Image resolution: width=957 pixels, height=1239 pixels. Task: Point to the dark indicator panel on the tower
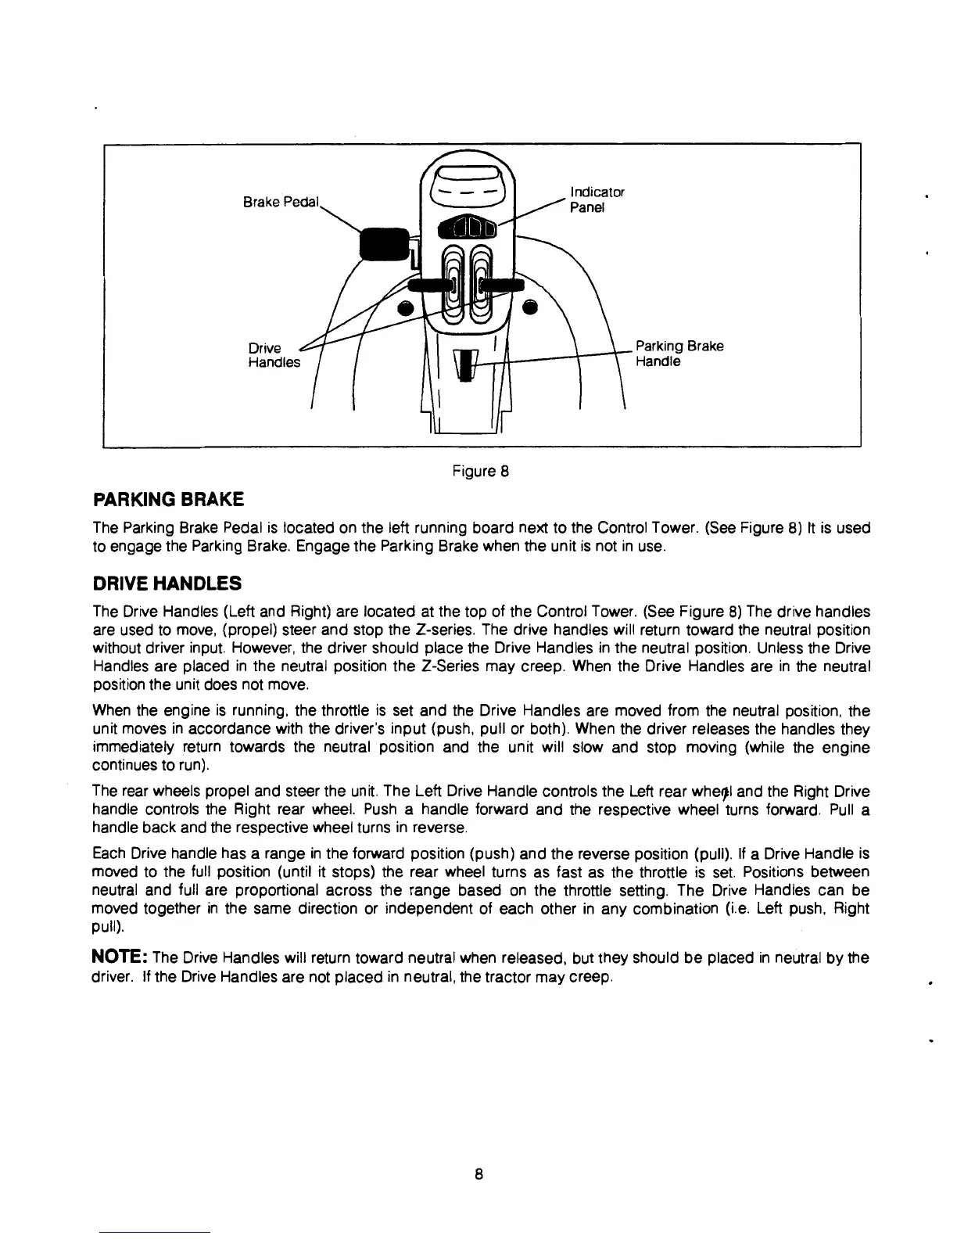pos(467,228)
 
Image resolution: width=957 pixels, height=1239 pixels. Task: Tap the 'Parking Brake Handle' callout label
pos(679,354)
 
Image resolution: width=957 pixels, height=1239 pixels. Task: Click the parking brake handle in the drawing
pos(466,365)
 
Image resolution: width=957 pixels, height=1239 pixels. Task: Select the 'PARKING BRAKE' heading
pos(168,499)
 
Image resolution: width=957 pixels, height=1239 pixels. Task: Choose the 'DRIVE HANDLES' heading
pos(167,584)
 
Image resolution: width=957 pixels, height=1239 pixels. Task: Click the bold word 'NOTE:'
pos(120,957)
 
